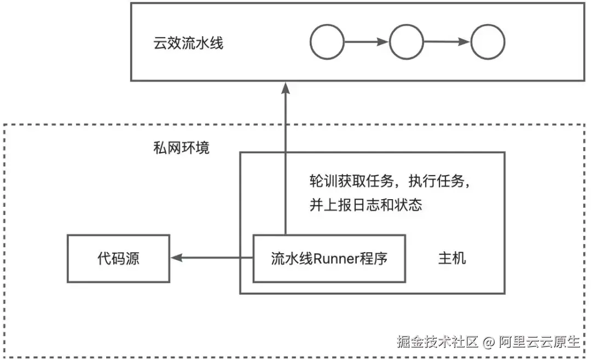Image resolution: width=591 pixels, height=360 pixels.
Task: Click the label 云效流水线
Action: pyautogui.click(x=188, y=43)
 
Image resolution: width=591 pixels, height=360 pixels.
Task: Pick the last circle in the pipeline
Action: pyautogui.click(x=488, y=42)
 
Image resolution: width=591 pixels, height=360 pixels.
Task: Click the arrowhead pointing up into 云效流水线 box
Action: pyautogui.click(x=285, y=88)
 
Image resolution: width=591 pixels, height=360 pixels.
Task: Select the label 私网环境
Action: pyautogui.click(x=181, y=148)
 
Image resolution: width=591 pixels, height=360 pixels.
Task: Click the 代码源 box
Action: pyautogui.click(x=118, y=258)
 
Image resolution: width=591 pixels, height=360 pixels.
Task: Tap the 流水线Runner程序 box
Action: pyautogui.click(x=329, y=258)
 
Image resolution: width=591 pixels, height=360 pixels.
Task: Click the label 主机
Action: pyautogui.click(x=452, y=258)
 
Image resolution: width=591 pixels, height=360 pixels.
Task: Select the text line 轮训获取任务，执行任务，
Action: pyautogui.click(x=390, y=181)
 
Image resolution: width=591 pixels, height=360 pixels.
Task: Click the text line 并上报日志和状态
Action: pyautogui.click(x=366, y=205)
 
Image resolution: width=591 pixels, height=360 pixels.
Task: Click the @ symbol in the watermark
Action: pyautogui.click(x=489, y=342)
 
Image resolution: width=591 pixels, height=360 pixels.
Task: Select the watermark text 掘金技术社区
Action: pyautogui.click(x=437, y=342)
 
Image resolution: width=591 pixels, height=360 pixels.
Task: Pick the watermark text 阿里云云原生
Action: pyautogui.click(x=538, y=342)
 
